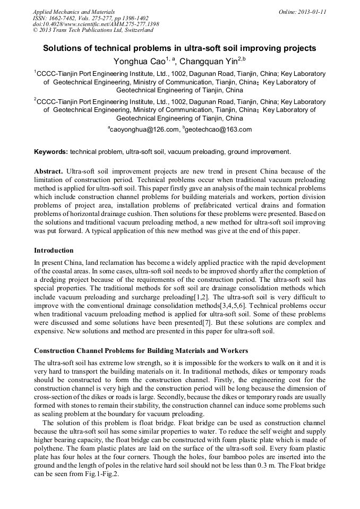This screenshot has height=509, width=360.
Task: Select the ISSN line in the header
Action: [x=90, y=18]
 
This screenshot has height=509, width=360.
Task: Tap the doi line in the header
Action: [x=96, y=24]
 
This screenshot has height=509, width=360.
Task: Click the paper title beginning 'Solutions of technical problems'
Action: [x=179, y=48]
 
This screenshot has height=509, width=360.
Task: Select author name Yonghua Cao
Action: [x=140, y=62]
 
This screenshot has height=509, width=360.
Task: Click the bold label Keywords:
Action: [x=51, y=152]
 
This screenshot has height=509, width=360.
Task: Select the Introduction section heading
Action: [x=54, y=250]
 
